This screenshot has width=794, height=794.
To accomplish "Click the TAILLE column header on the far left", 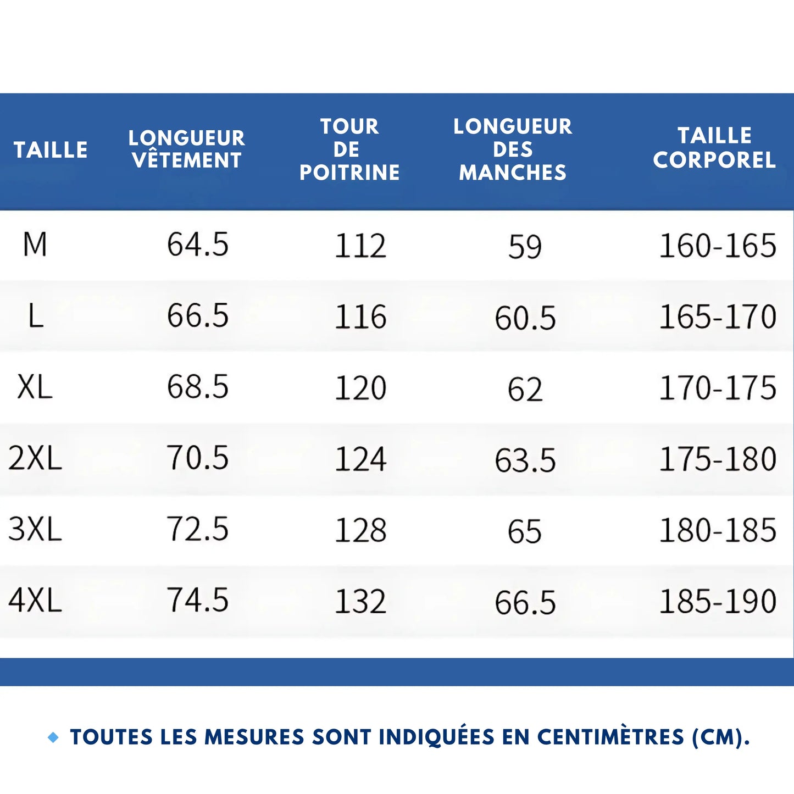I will [x=51, y=149].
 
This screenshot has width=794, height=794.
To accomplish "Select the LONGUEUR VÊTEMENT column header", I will [x=187, y=149].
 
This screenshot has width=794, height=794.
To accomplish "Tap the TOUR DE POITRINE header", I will [x=349, y=149].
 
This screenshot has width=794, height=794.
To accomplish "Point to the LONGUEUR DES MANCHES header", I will [x=513, y=149].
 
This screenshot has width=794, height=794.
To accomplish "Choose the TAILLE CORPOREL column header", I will [x=714, y=148].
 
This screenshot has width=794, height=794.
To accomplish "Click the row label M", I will [x=35, y=245].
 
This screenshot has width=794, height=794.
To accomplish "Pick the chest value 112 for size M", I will [x=360, y=246].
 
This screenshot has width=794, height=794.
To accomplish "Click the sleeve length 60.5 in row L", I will [x=525, y=318].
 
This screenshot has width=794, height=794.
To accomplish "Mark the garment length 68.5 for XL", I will [x=198, y=387].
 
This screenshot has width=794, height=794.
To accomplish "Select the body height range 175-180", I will [x=718, y=459].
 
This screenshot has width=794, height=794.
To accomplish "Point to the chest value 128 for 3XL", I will [x=360, y=530].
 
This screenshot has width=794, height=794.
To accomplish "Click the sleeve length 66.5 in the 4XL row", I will [x=525, y=602].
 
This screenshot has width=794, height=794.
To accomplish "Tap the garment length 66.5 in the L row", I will [x=198, y=316].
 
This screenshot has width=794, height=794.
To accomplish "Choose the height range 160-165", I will [x=718, y=246].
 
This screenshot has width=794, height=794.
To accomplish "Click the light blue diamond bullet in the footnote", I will [x=53, y=737].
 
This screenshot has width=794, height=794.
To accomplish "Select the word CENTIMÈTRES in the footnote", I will [x=610, y=737].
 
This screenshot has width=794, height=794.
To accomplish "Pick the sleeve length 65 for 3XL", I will [x=525, y=531].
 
